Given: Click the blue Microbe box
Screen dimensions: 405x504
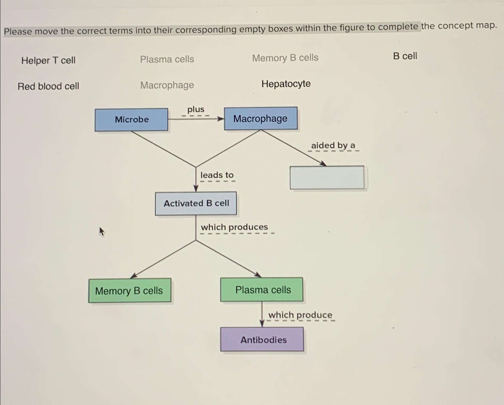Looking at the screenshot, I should [x=131, y=120].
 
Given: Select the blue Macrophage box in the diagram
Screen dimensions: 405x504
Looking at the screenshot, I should [x=260, y=118].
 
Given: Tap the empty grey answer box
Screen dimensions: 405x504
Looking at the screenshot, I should [x=327, y=177].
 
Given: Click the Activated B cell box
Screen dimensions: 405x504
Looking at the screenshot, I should [x=196, y=203].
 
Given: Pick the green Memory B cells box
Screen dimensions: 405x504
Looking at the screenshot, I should [x=130, y=290].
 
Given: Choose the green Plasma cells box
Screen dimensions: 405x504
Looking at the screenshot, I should [x=262, y=290].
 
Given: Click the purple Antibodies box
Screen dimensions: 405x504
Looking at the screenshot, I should [x=262, y=339].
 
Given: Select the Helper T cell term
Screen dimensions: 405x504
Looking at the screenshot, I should [x=48, y=60].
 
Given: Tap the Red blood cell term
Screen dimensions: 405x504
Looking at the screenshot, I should [x=48, y=86].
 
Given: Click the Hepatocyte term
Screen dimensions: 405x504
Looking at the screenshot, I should [x=286, y=84].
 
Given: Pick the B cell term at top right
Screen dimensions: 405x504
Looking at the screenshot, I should [x=405, y=56].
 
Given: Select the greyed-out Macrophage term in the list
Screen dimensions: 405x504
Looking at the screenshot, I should [x=167, y=85].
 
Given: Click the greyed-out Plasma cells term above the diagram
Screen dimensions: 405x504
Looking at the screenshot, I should [x=167, y=59].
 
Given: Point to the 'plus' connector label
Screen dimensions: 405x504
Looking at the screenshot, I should [x=196, y=109].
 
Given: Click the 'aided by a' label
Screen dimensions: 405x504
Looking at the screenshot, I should [x=333, y=146].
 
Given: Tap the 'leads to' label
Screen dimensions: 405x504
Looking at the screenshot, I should [x=217, y=175].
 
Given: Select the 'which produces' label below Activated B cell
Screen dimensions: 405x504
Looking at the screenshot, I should [x=234, y=227].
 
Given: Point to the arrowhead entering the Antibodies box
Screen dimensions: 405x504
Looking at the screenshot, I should [x=262, y=324].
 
